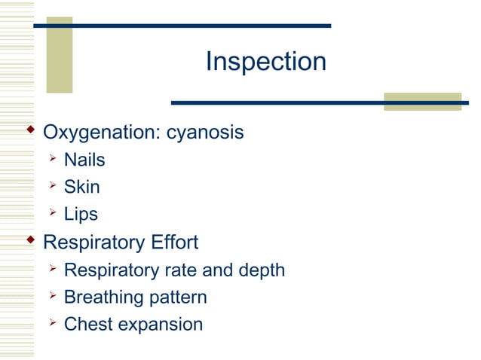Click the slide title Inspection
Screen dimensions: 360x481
point(265,62)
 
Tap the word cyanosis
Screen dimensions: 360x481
point(205,133)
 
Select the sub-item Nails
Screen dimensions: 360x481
point(84,160)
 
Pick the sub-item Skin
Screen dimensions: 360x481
point(81,187)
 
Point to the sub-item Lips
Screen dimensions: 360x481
point(81,214)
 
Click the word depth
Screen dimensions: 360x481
point(261,270)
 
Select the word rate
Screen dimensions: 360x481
point(181,270)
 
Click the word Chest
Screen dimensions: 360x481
point(88,325)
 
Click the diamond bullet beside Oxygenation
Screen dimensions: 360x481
point(30,132)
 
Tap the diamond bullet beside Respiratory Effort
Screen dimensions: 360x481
point(30,241)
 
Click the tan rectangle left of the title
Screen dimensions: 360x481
point(60,55)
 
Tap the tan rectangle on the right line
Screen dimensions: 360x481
point(422,102)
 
